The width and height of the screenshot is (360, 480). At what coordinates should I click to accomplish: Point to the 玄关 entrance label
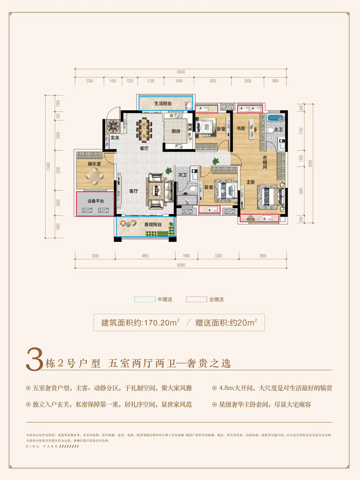(115, 138)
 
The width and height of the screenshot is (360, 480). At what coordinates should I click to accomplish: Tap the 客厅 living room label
(133, 190)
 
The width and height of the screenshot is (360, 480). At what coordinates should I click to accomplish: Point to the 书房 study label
(241, 128)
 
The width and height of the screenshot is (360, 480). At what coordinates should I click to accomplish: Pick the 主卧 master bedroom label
(251, 182)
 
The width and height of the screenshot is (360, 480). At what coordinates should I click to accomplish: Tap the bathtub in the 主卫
(274, 119)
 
